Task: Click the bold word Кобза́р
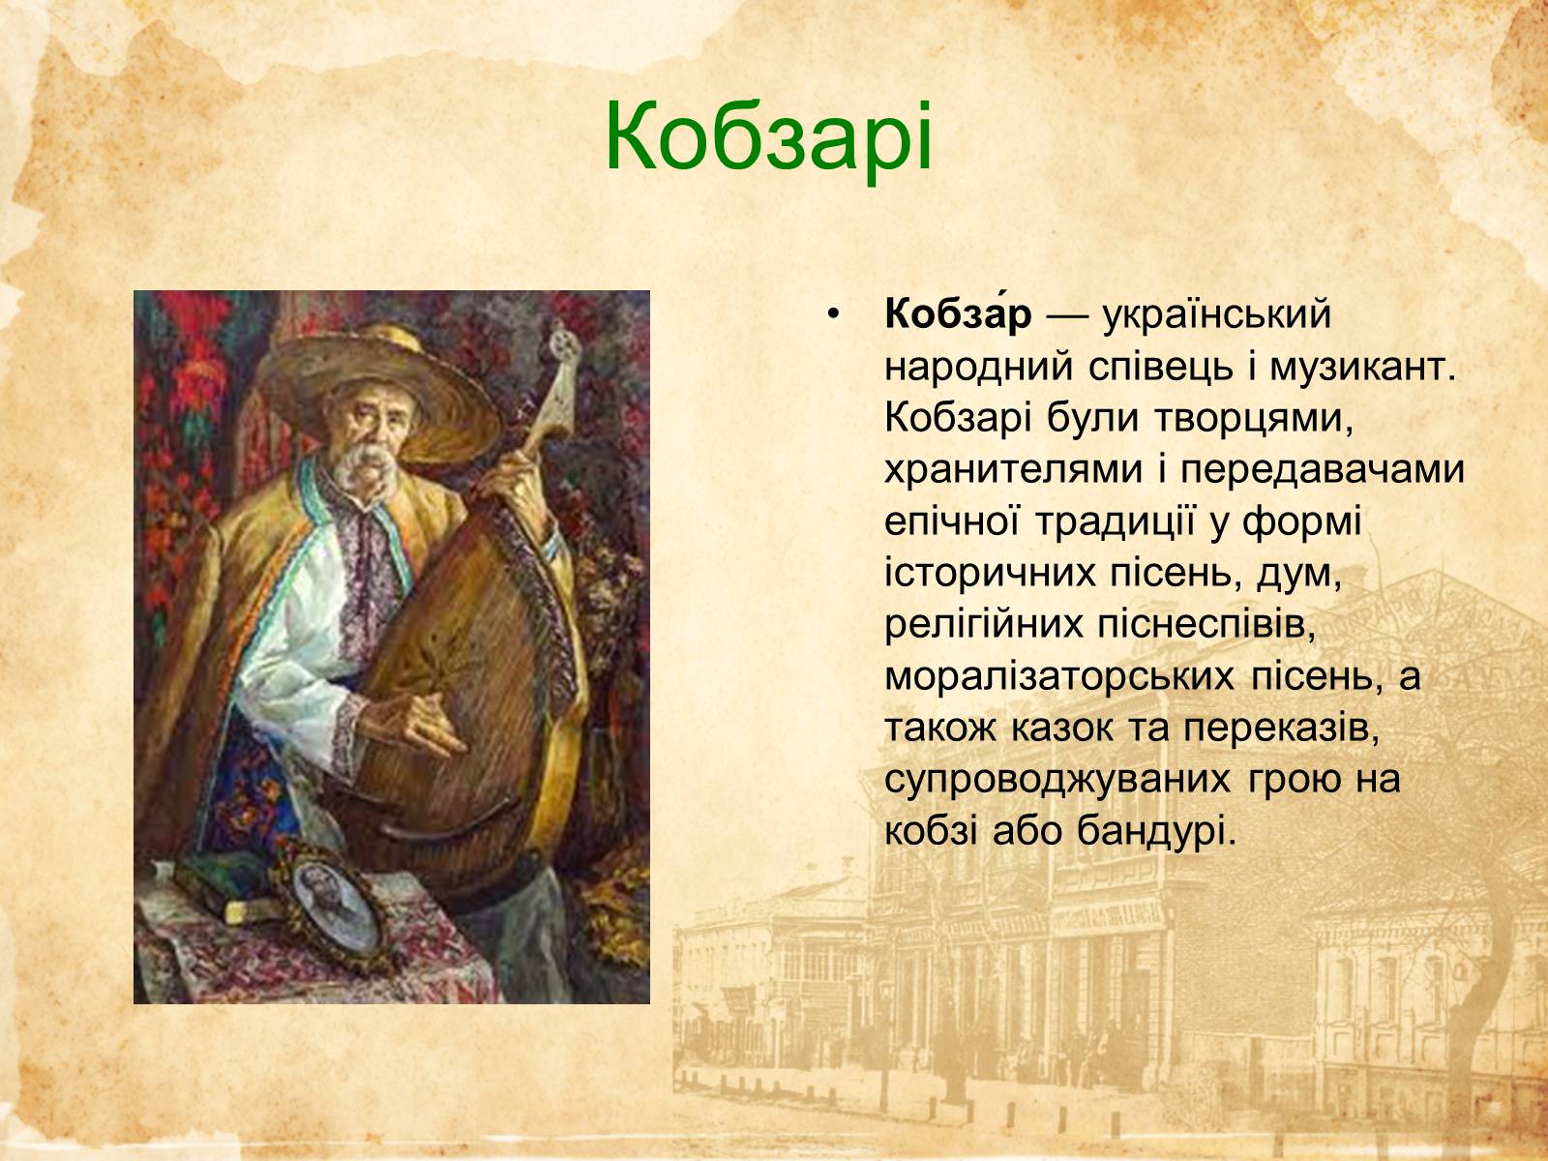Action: [958, 314]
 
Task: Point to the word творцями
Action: [1253, 420]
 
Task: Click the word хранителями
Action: [1013, 470]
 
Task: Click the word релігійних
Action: [983, 625]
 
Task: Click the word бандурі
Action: [1156, 832]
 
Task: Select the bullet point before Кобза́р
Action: [835, 316]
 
